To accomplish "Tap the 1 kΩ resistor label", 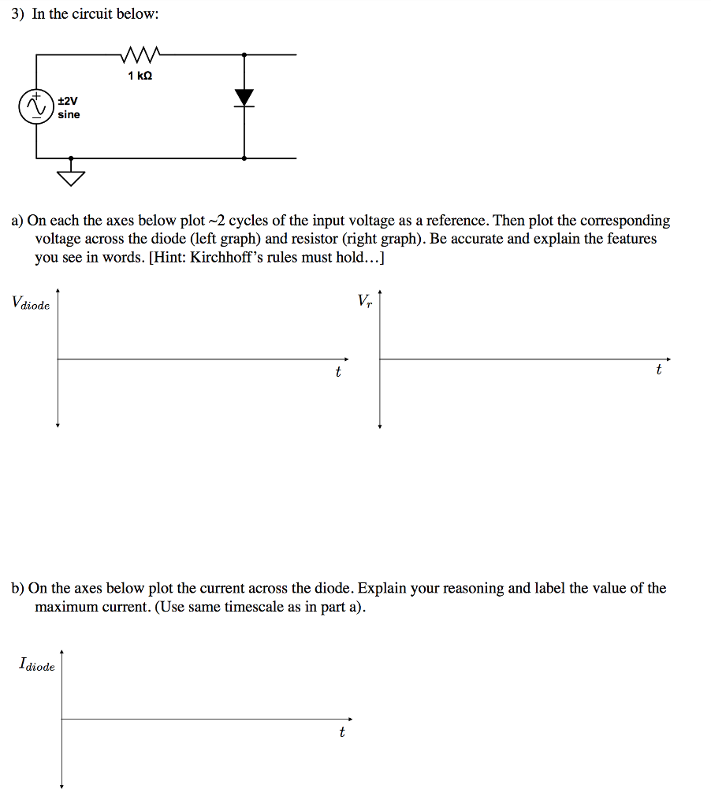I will click(x=140, y=76).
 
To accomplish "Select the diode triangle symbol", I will click(x=244, y=97).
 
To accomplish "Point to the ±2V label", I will click(x=68, y=101).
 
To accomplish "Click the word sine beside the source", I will click(x=69, y=115).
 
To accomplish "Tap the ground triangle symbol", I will click(x=72, y=179).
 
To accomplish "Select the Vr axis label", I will click(x=364, y=300).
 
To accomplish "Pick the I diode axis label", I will click(x=37, y=665).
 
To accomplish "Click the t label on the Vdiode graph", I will click(x=338, y=372).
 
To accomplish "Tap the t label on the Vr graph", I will click(x=659, y=370).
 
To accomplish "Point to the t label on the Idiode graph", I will click(x=341, y=732).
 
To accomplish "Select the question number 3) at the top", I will click(x=19, y=15).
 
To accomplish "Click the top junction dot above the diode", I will click(x=244, y=54).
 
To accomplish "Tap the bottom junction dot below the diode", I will click(x=244, y=158).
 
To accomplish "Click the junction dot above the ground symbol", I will click(x=72, y=158).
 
